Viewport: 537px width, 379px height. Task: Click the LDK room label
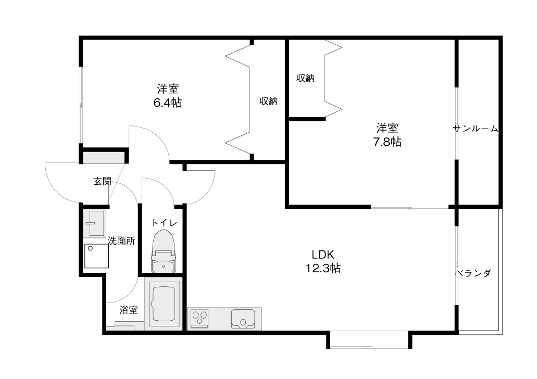point(322,255)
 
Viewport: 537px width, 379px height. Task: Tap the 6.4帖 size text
point(168,103)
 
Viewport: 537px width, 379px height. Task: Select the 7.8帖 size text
point(387,142)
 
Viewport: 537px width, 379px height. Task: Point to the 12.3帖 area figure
point(323,268)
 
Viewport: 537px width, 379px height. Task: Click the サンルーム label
point(476,129)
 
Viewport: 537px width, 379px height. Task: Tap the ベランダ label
point(473,273)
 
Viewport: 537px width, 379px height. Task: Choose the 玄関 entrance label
point(103,182)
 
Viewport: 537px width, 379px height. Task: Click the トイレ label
point(164,223)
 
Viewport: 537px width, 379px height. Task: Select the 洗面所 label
point(121,241)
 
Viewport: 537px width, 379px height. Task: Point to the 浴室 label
point(129,310)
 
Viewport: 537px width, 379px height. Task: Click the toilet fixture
point(164,251)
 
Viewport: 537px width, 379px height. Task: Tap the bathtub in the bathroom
point(164,304)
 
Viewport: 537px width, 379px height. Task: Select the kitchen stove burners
point(199,318)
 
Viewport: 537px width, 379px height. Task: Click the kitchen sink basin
point(243,319)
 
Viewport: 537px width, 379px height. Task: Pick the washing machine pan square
point(96,256)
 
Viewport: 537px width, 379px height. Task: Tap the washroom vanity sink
point(94,223)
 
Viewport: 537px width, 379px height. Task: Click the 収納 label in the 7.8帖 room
point(305,78)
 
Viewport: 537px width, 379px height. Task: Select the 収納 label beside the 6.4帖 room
point(268,102)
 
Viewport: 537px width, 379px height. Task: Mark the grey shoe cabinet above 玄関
point(104,158)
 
